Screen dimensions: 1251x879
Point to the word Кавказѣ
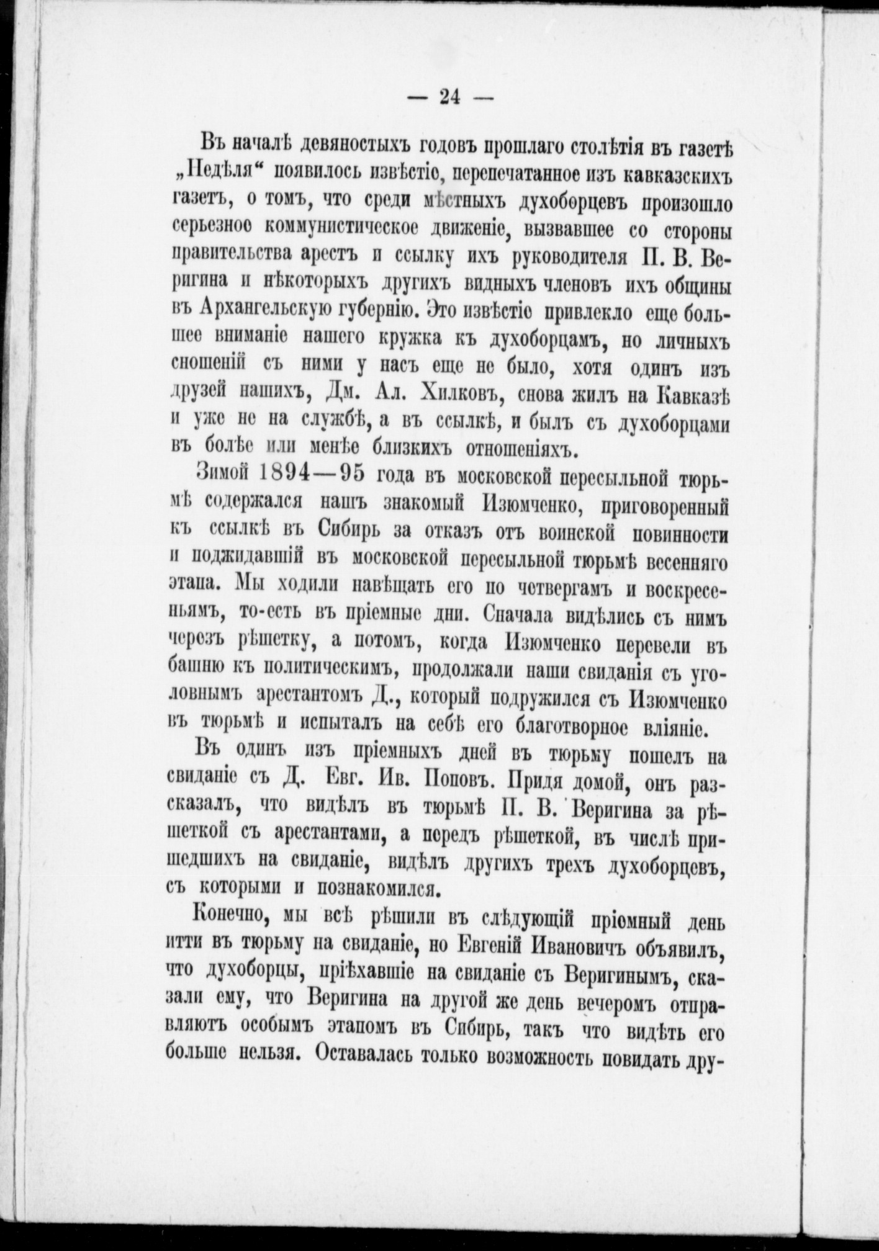tap(693, 393)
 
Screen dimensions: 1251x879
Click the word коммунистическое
tap(337, 231)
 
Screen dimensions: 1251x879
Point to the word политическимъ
tap(330, 670)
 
